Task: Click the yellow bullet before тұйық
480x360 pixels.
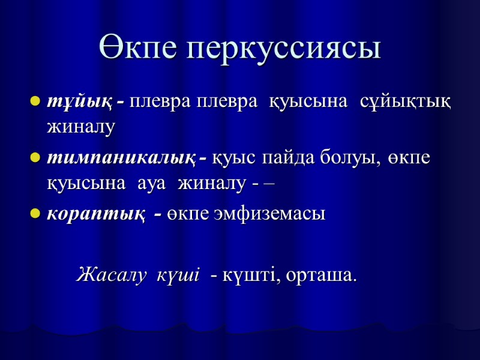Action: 35,101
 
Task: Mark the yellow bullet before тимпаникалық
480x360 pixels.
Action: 35,158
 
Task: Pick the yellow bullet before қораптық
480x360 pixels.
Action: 35,214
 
